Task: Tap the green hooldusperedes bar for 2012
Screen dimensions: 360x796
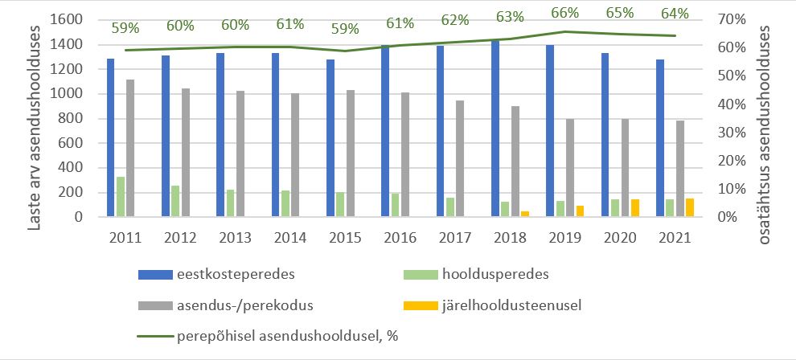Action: (x=175, y=201)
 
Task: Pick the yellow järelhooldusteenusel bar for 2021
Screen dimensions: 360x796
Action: (x=690, y=207)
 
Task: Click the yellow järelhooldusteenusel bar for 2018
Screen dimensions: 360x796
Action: (x=525, y=214)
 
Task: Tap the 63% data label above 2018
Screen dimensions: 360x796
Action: (x=510, y=17)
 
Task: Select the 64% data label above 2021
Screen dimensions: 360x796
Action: (x=675, y=13)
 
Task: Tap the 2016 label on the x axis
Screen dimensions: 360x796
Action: (x=400, y=237)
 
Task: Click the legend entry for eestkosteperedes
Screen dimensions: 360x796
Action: (x=217, y=274)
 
